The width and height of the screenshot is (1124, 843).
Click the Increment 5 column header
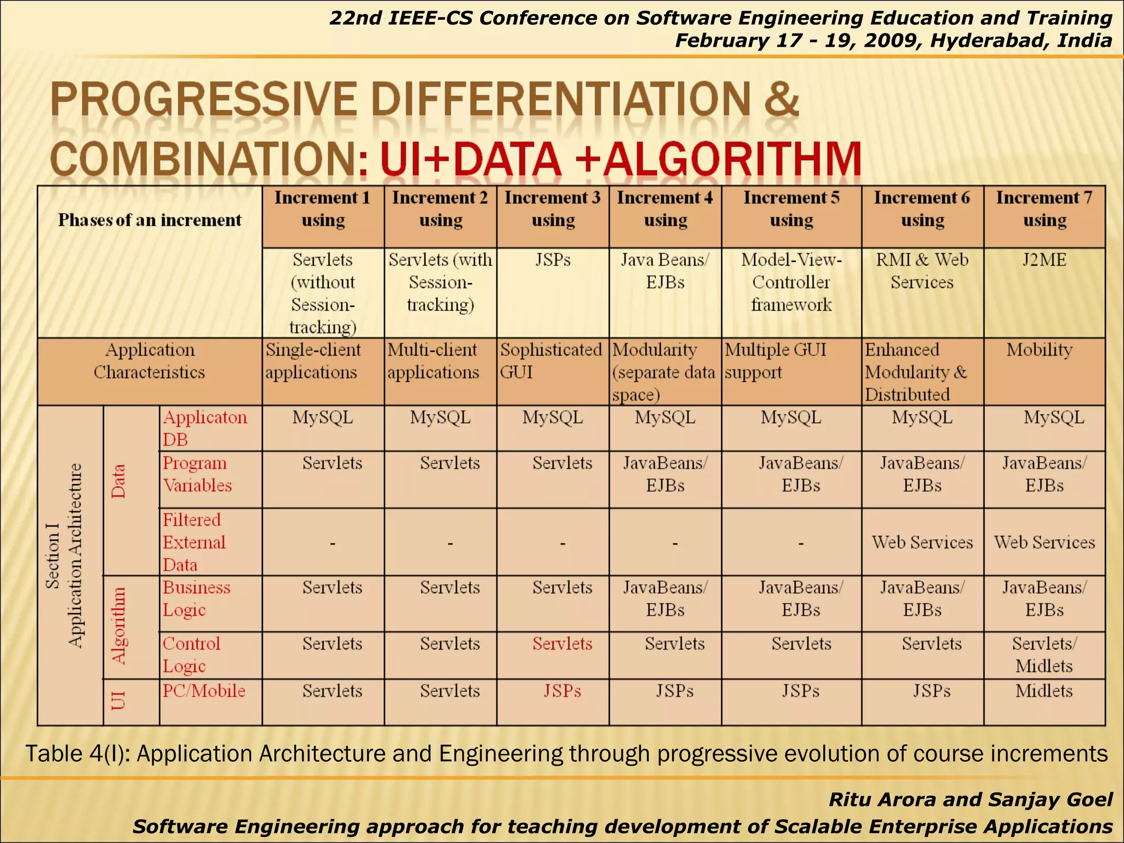791,209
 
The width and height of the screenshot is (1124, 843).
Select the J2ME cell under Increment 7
1044,260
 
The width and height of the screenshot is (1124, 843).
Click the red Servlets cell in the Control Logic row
562,643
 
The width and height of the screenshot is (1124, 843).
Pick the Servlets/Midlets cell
1044,654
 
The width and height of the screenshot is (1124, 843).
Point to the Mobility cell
1039,350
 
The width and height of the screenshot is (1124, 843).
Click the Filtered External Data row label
194,542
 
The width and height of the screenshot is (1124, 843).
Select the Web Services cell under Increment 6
922,542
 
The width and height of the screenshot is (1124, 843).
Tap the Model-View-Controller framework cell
791,282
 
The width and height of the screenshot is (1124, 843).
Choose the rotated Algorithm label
119,626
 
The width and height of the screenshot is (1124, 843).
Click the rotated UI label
119,701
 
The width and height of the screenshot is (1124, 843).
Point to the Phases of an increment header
149,220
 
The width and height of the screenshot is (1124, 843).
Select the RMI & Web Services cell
922,271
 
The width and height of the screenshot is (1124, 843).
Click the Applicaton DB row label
204,428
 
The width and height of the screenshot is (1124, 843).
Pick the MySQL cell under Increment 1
323,418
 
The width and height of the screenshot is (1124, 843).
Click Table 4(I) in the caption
77,754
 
